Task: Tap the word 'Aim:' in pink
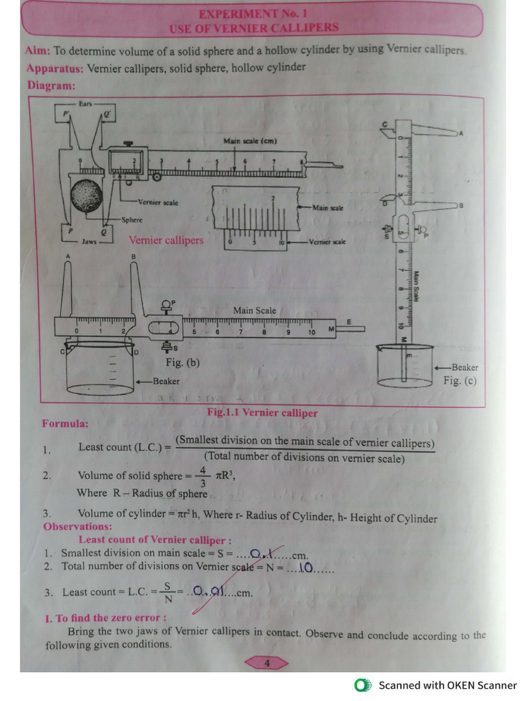(38, 51)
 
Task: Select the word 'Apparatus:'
(55, 68)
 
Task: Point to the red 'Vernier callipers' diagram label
(166, 240)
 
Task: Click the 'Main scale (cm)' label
(250, 141)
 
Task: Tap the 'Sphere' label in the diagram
(132, 220)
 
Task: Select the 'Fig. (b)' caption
(182, 362)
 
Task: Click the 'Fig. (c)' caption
(460, 381)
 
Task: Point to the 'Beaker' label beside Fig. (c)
(464, 368)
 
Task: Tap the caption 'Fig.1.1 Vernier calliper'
(262, 413)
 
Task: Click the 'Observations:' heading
(77, 526)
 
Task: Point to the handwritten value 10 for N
(305, 567)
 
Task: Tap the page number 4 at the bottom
(267, 662)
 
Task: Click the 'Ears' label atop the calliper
(85, 103)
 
